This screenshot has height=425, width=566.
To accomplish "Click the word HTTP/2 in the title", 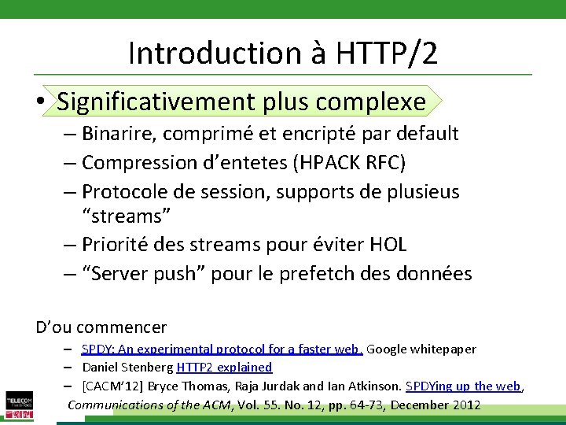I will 387,54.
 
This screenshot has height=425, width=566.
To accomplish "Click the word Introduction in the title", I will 210,54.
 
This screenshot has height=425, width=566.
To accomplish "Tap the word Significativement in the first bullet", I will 156,102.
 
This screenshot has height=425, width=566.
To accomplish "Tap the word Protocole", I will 127,192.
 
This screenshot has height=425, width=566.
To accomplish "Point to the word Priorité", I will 118,245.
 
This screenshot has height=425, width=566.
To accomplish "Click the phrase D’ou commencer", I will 101,327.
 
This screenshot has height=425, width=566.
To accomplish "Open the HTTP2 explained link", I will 224,368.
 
